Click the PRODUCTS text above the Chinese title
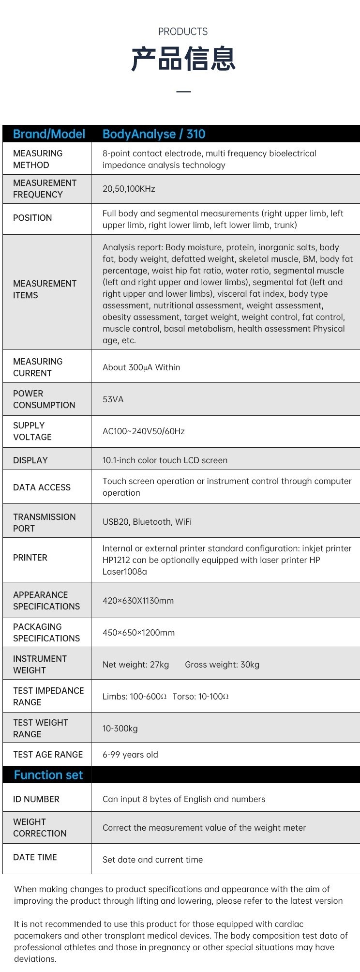coord(182,32)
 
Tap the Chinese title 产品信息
coord(183,60)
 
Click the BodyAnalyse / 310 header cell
coord(154,134)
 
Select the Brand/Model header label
coord(49,134)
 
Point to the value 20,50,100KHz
coord(129,189)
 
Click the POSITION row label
coord(32,218)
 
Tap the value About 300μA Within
coord(141,367)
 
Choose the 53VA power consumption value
coord(113,399)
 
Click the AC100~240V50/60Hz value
coord(143,431)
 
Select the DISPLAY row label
coord(30,460)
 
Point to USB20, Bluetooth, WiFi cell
coord(147,522)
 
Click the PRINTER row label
coord(30,558)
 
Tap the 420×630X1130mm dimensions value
coord(138,601)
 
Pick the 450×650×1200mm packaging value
coord(138,633)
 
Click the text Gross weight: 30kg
coord(222,665)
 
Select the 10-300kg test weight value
coord(120,729)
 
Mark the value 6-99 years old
coord(130,755)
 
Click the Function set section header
coord(48,775)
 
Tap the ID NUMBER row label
coord(36,799)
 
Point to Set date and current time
coord(152,860)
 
